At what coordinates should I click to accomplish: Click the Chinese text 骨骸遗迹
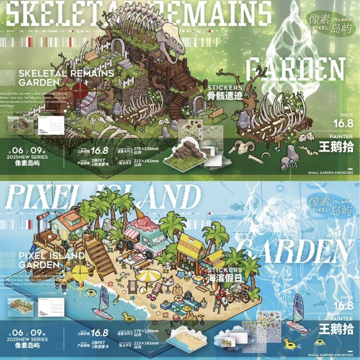click(225, 96)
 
